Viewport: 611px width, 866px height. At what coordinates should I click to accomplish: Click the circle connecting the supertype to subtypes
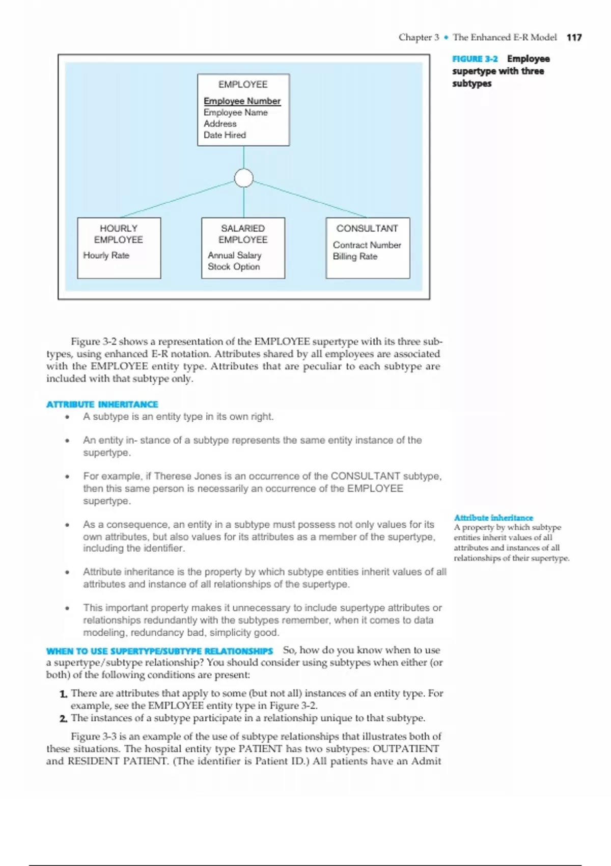[244, 178]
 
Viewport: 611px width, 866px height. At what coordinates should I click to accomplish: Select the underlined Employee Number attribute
[242, 101]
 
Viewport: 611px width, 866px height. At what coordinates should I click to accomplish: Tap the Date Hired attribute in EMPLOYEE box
[225, 135]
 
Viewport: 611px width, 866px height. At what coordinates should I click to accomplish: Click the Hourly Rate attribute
[106, 255]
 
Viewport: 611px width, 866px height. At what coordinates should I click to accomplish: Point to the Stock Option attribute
[234, 266]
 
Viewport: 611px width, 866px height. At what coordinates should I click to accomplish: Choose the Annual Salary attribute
[234, 255]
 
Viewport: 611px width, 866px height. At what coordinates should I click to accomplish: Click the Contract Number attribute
[367, 245]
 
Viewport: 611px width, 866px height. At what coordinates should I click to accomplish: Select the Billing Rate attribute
[355, 256]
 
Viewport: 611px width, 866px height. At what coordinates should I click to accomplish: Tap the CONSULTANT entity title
[367, 228]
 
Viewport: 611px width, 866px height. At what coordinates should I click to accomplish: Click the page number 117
[574, 37]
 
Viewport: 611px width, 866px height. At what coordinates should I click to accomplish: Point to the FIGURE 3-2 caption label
[475, 59]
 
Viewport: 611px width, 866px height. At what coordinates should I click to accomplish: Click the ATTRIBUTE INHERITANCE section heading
[102, 404]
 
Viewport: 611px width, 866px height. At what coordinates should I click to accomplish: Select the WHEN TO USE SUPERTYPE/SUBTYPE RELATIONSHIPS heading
[159, 651]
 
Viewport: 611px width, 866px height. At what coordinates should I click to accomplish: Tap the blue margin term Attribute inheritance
[493, 518]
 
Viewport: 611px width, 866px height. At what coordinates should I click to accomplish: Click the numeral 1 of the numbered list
[63, 694]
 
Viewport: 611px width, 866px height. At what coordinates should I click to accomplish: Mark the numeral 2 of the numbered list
[63, 719]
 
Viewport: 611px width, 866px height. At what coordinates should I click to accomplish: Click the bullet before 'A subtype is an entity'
[67, 417]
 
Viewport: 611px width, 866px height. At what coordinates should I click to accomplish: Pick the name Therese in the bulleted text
[173, 476]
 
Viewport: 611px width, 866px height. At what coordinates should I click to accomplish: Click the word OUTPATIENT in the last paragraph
[405, 749]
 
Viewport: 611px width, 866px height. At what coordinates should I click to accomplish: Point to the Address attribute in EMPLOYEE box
[220, 124]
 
